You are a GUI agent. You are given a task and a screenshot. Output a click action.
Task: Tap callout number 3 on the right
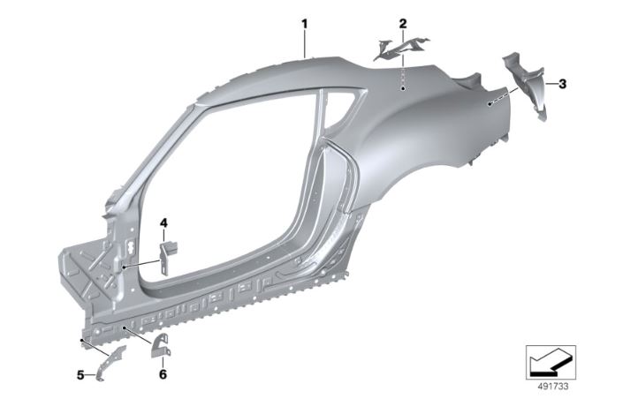coord(563,84)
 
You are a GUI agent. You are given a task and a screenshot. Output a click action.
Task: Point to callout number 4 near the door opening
coord(163,223)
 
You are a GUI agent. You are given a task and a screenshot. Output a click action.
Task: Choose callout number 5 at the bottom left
coord(80,374)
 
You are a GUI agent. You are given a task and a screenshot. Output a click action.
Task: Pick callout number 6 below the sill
coord(162,374)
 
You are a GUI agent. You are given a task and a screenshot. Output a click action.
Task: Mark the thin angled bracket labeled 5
coord(110,362)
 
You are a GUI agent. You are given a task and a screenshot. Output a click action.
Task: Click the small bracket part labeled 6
coord(162,347)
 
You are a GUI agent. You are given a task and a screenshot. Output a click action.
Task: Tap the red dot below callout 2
coord(402,89)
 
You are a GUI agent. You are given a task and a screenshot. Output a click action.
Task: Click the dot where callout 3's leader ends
coord(491,104)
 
